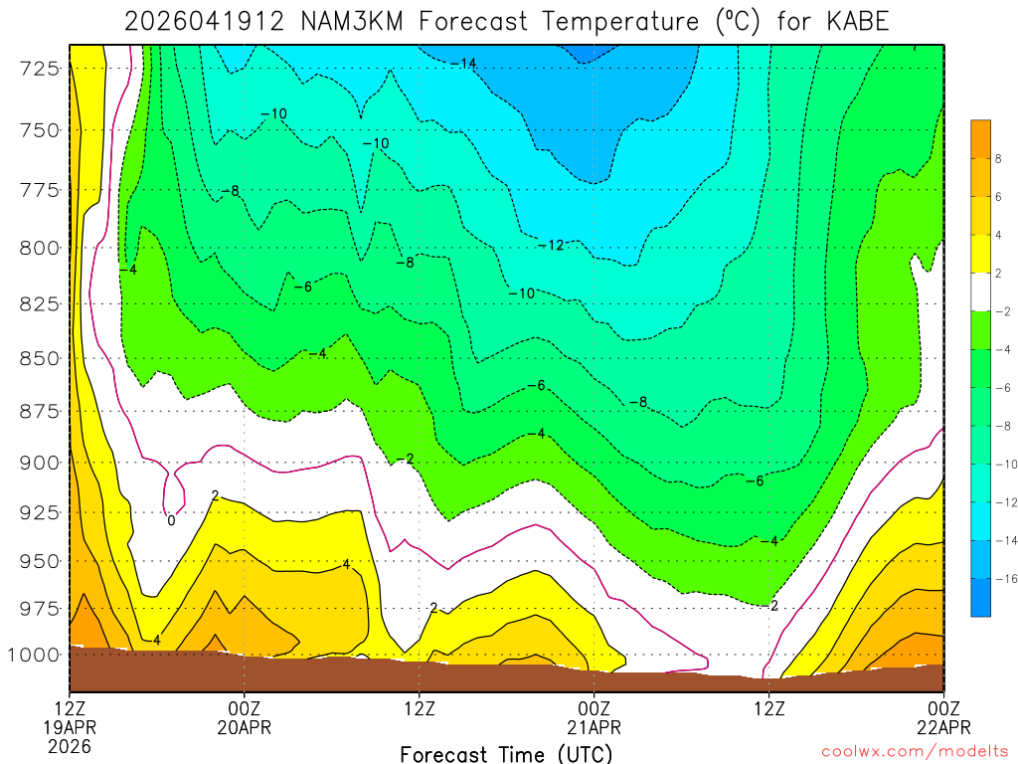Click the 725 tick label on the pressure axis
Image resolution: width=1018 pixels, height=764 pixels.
(40, 68)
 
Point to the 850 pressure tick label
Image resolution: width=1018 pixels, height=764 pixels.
(40, 357)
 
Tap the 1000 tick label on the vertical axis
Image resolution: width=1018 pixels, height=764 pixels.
(35, 655)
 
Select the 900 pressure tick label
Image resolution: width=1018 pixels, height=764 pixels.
(40, 463)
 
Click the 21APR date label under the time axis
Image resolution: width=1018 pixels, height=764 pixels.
(594, 727)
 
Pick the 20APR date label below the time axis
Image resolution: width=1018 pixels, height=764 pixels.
(245, 727)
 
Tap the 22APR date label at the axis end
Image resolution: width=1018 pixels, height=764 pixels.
(943, 727)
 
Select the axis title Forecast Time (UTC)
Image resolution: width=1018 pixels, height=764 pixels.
(507, 753)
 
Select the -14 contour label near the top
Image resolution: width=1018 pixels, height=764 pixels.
(463, 64)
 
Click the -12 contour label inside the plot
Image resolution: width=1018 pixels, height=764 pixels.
(551, 245)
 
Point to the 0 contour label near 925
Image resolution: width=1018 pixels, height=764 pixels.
(171, 520)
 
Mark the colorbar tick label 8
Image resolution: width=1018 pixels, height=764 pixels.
(998, 158)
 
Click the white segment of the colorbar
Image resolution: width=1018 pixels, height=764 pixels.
(981, 292)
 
